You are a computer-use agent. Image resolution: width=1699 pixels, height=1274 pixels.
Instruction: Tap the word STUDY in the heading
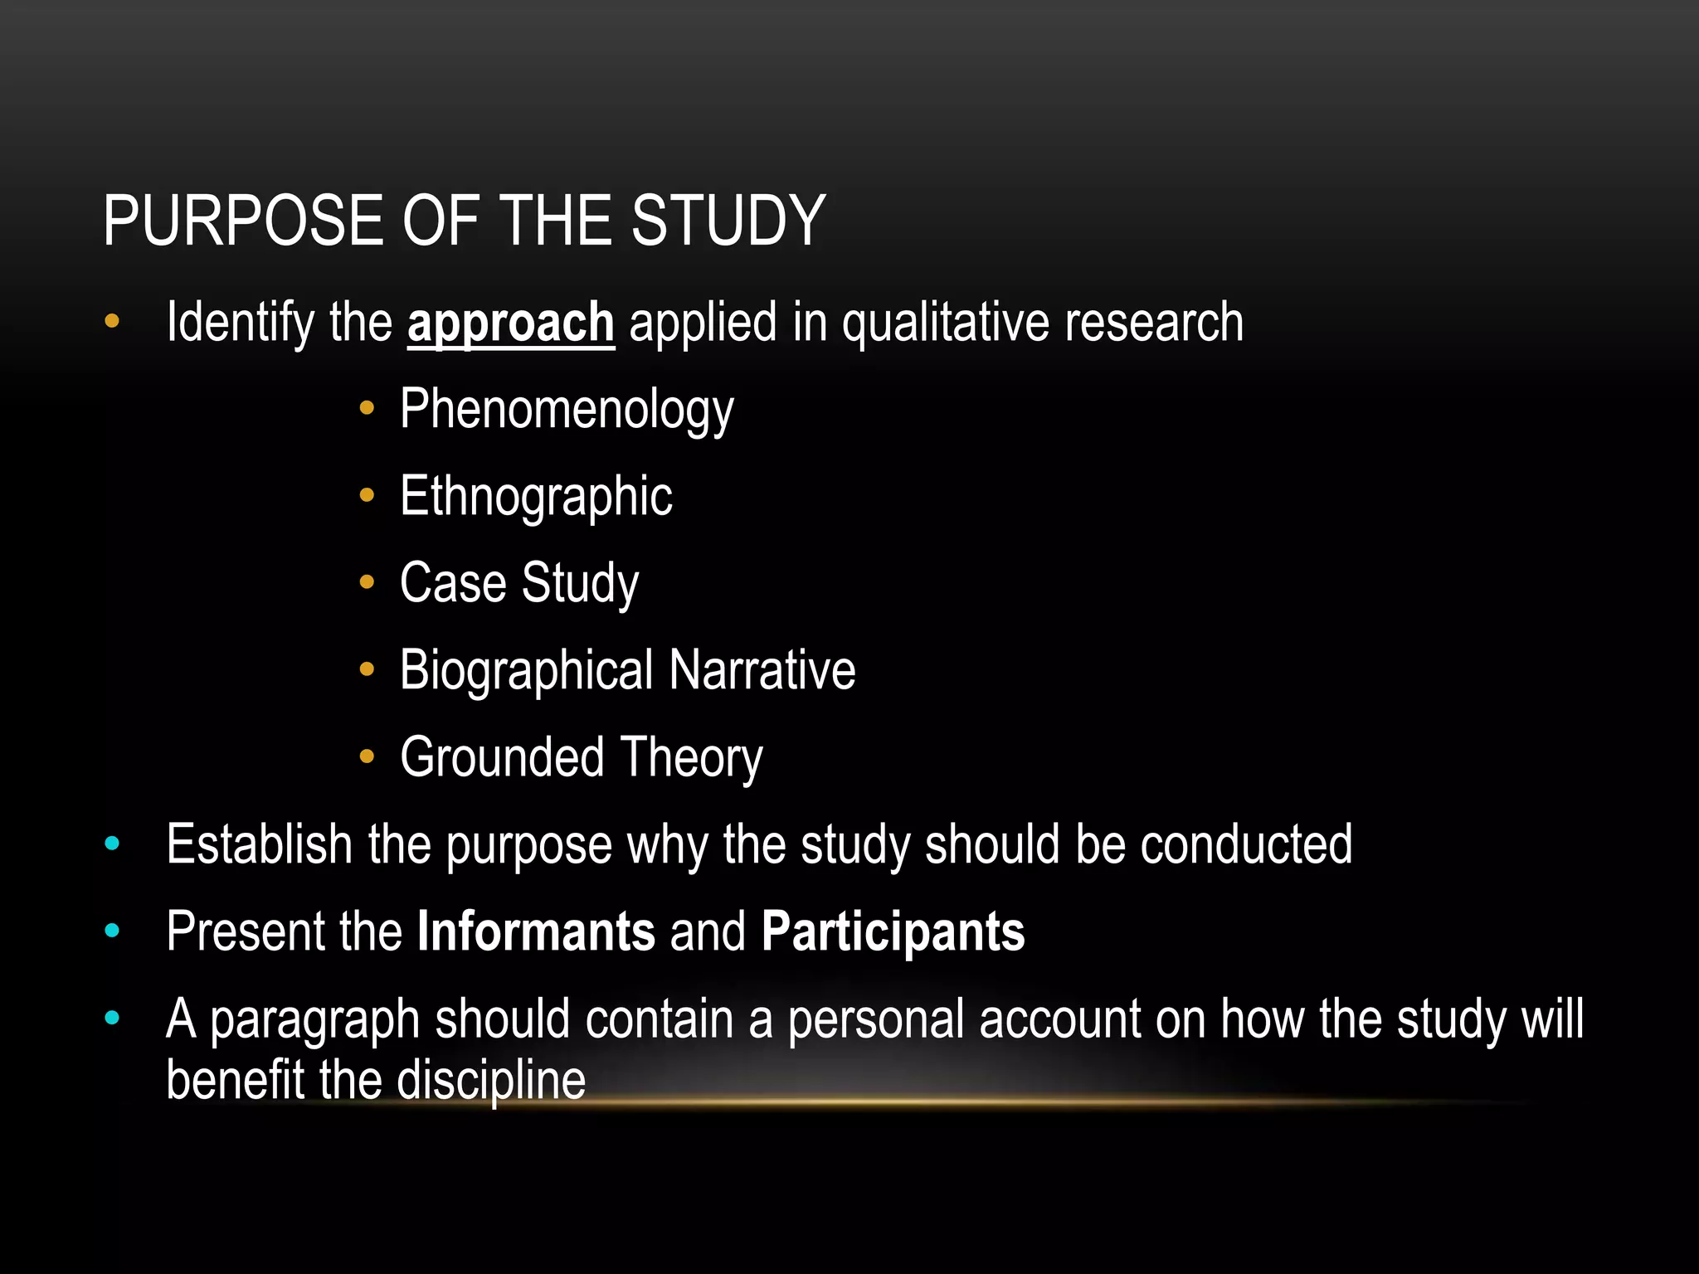tap(728, 221)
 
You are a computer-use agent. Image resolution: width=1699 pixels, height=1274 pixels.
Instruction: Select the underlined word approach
tap(510, 323)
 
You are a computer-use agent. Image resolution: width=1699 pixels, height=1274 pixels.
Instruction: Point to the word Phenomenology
tap(567, 410)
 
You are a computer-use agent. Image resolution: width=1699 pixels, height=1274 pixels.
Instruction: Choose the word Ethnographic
tap(536, 497)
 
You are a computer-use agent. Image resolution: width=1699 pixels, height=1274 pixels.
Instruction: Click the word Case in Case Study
tap(453, 583)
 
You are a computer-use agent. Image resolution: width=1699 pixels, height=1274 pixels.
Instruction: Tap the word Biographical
tap(527, 670)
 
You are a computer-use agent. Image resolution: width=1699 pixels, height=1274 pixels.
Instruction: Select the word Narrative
tap(762, 670)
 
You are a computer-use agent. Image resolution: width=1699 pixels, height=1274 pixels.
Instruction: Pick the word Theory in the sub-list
tap(691, 757)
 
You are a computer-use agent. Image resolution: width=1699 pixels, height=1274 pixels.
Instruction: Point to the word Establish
tap(260, 844)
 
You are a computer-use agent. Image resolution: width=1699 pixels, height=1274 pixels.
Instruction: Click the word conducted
tap(1246, 844)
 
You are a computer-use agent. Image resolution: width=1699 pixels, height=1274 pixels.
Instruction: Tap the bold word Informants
tap(536, 931)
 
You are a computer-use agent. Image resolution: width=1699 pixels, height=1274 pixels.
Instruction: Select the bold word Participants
tap(893, 931)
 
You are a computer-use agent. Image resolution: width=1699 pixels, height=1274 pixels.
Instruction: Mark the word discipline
tap(491, 1080)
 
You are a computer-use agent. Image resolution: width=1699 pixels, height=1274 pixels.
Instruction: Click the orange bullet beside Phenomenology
tap(368, 408)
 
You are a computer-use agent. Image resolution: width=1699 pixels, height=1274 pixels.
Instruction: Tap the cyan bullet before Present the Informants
tap(113, 931)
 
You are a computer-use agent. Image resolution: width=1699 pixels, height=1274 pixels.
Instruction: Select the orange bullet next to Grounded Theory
tap(368, 756)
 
